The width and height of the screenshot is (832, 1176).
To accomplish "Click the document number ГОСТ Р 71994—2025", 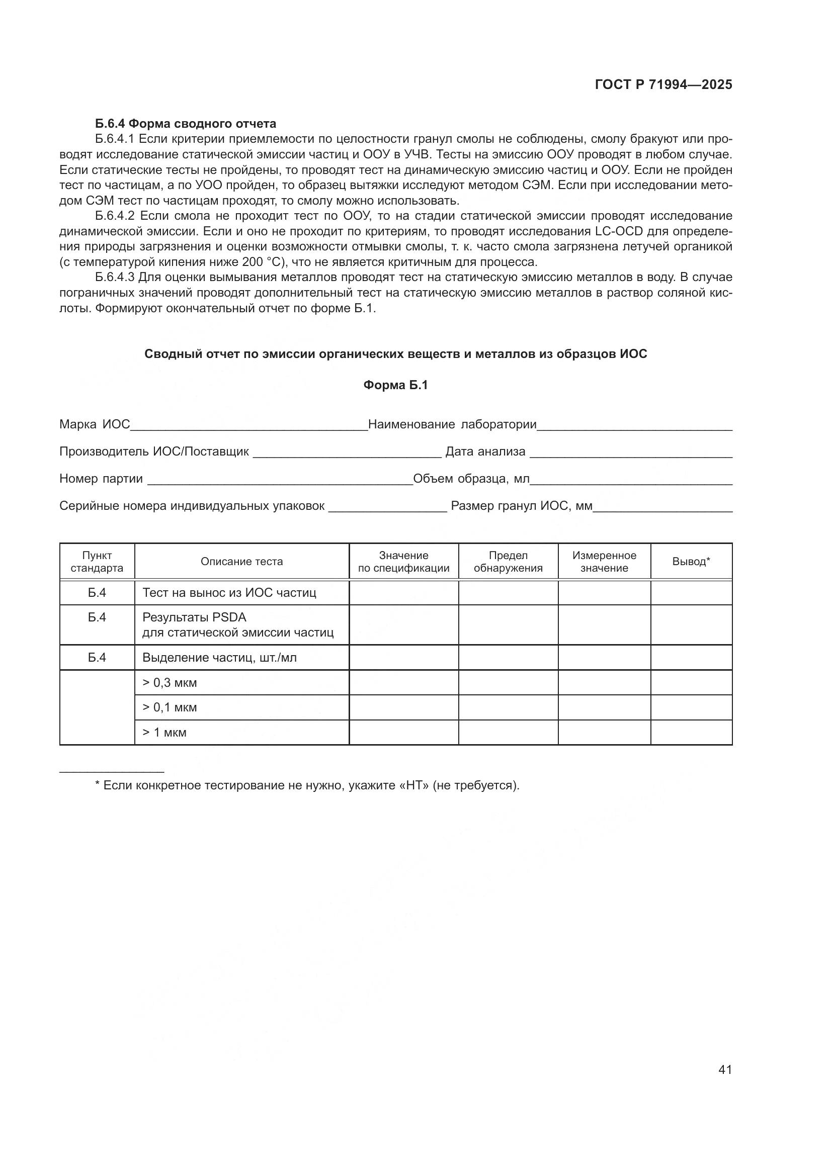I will coord(663,85).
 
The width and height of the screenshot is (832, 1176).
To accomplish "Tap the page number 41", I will coord(725,1069).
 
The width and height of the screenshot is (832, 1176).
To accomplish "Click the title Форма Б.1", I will coord(395,385).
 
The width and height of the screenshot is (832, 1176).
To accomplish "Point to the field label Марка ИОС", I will coord(95,424).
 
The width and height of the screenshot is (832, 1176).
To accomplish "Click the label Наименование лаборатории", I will coord(452,424).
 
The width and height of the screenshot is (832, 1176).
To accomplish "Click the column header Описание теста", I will coord(242,562).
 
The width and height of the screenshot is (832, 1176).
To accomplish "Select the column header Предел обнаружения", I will coord(508,562).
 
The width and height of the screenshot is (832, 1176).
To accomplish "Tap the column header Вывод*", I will coord(691,562).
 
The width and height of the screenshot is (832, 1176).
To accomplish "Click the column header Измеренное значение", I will coord(604,562).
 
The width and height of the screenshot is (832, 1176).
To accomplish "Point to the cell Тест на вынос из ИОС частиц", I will coord(229,593).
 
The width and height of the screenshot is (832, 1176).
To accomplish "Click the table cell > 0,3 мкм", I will coord(170,682).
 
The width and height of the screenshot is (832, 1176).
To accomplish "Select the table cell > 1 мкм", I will coord(164,733).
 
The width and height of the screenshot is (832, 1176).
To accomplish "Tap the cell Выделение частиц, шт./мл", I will coord(219,657).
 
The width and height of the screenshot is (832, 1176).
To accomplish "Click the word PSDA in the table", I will coord(229,617).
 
